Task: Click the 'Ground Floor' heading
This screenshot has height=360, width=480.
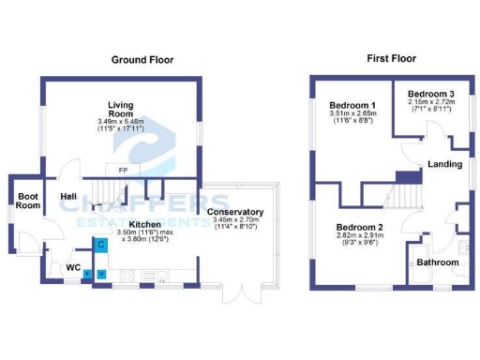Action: [x=142, y=60]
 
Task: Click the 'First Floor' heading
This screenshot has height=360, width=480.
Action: [x=390, y=58]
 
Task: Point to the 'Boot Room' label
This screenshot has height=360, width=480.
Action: [x=28, y=202]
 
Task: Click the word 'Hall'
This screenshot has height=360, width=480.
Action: [x=68, y=196]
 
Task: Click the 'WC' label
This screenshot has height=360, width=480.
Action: [x=72, y=267]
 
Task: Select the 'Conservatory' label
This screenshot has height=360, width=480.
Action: [x=239, y=212]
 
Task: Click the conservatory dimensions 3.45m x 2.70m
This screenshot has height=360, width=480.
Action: [x=239, y=224]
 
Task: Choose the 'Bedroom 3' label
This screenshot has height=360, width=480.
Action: [x=430, y=94]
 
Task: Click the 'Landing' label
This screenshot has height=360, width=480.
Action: [x=444, y=165]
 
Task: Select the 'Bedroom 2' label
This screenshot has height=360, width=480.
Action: [x=360, y=228]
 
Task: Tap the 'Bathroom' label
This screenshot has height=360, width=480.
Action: [x=438, y=262]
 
